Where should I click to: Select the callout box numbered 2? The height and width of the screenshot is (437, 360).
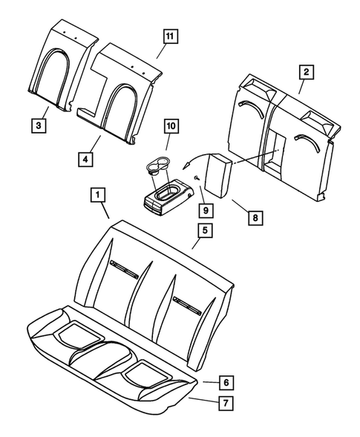coord(305,72)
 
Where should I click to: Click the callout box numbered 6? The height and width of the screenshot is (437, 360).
coord(228,382)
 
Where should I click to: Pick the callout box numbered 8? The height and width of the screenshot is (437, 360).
coord(254,218)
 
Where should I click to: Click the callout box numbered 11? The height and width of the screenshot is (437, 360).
coord(170,36)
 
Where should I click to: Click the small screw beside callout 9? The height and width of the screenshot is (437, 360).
coord(195,179)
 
